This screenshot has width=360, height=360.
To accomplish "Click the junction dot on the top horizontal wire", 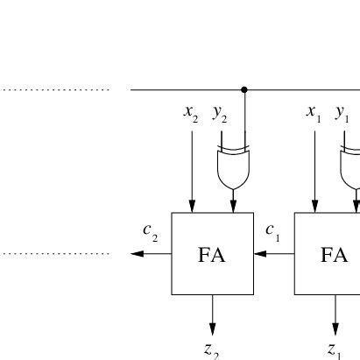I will click(x=244, y=89).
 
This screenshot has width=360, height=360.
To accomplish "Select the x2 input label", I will click(x=191, y=112).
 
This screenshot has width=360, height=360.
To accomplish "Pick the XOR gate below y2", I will click(x=233, y=167).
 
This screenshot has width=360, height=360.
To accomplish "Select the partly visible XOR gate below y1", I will click(x=352, y=167).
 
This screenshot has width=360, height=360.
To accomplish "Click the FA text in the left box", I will click(x=212, y=255).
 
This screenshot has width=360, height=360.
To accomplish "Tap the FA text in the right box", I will click(x=334, y=255).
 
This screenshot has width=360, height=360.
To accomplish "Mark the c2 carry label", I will click(x=151, y=232).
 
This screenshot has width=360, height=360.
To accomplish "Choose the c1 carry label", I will click(x=272, y=232).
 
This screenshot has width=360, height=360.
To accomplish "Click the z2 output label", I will click(x=211, y=349).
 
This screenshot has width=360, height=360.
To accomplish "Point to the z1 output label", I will click(x=334, y=349).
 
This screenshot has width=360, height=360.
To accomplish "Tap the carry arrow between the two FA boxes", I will click(x=273, y=254).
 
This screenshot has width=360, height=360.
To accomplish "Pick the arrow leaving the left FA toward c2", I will click(x=151, y=254).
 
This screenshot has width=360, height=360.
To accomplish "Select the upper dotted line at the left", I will click(x=54, y=89).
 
